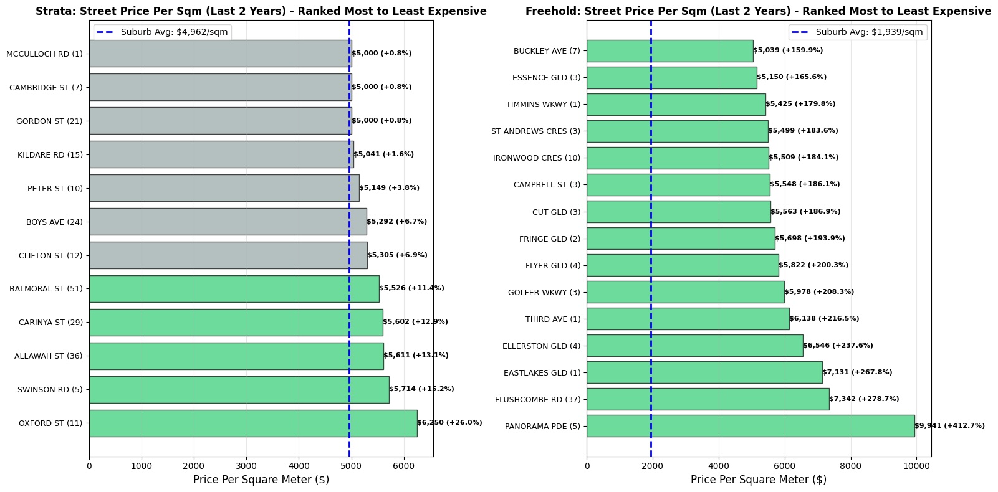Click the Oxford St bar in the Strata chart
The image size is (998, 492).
pos(252,423)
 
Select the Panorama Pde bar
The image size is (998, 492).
pos(750,426)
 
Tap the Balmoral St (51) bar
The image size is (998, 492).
pos(234,289)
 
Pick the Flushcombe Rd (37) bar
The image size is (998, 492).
pos(708,399)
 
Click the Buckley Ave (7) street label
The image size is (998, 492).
pos(547,51)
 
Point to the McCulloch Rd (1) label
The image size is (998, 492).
pos(44,54)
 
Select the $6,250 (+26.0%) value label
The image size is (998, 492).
pos(449,423)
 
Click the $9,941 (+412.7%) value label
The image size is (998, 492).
pos(949,426)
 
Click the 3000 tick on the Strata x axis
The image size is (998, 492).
pos(246,466)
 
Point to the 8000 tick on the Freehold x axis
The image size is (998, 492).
pos(850,466)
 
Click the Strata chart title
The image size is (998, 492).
pos(261,11)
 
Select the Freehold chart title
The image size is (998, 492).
pos(758,11)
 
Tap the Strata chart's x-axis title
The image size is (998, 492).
pos(261,480)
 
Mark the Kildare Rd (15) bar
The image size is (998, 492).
pos(221,154)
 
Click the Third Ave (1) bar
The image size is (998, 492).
pos(688,319)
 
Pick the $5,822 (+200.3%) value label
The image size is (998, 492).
pos(813,265)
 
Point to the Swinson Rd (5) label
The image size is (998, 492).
pos(50,390)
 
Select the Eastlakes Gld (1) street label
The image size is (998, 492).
pos(542,373)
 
